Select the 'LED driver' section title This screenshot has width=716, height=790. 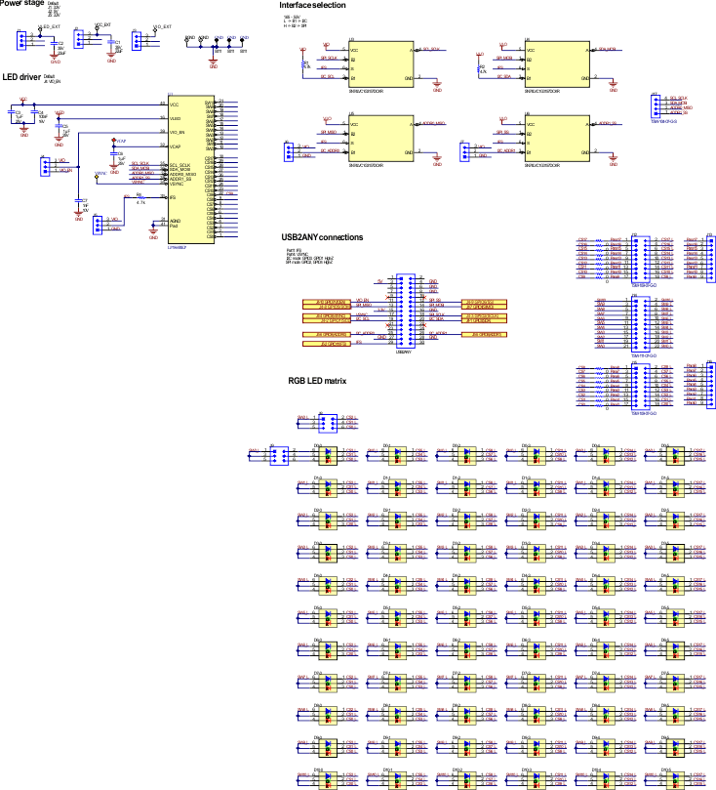point(20,75)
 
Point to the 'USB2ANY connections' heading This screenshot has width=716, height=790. point(321,237)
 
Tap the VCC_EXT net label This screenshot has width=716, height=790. point(101,28)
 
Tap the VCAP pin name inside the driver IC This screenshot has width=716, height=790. point(176,146)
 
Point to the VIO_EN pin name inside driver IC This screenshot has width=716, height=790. point(177,132)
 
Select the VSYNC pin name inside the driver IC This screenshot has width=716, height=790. point(176,184)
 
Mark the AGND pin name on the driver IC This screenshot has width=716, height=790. point(175,221)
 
